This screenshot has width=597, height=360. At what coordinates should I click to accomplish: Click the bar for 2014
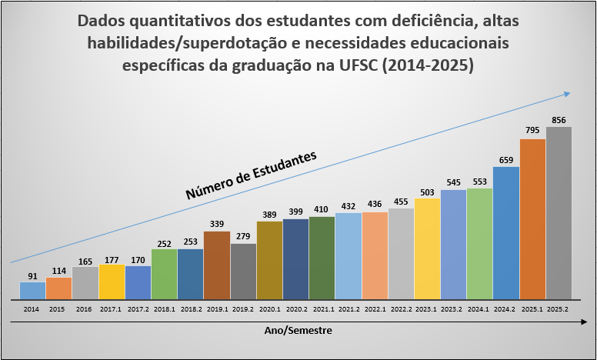click(x=32, y=290)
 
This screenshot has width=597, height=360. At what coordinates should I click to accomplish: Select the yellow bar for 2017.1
click(x=112, y=281)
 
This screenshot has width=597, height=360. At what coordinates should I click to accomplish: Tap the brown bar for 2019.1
click(x=217, y=265)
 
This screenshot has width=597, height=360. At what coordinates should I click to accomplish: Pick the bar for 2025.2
click(x=559, y=212)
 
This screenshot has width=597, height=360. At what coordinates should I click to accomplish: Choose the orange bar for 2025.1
click(x=532, y=218)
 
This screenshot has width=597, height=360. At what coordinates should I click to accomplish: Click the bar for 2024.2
click(x=505, y=232)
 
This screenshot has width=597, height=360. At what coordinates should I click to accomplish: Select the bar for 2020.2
click(x=295, y=258)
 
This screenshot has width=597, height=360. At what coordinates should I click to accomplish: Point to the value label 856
click(x=559, y=119)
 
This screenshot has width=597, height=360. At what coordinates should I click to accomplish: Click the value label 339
click(x=217, y=224)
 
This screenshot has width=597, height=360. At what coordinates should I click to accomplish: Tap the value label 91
click(x=32, y=275)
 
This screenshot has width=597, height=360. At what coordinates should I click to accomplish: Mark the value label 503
click(x=427, y=191)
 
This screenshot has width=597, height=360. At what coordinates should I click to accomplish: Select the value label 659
click(x=505, y=159)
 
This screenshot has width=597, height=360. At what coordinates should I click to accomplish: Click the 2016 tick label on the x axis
click(x=85, y=309)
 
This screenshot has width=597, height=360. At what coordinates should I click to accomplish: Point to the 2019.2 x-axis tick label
click(x=243, y=309)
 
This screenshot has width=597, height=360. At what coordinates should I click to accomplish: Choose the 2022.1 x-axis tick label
click(x=375, y=309)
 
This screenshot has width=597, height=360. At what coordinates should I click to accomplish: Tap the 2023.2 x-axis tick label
click(x=453, y=309)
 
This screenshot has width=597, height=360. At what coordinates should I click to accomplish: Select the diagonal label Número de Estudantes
click(x=251, y=176)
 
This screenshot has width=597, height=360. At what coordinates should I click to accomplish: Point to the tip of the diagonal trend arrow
click(x=569, y=93)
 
